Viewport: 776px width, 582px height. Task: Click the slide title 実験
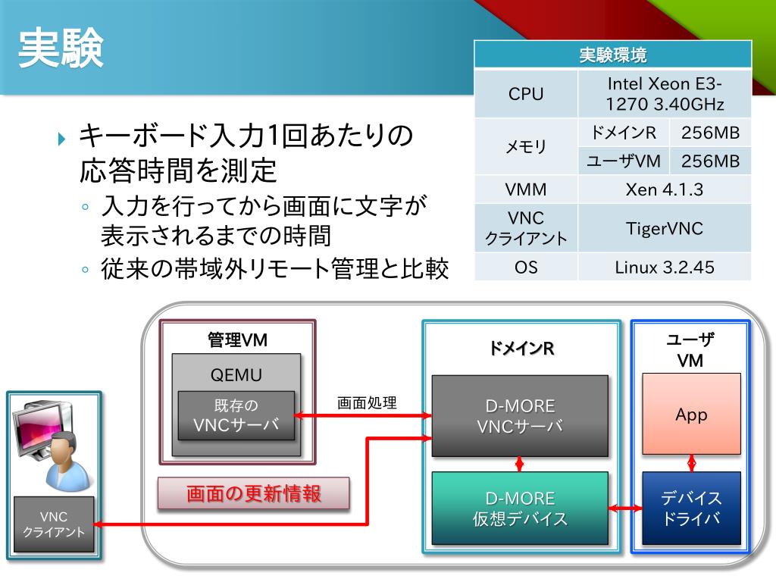click(x=61, y=49)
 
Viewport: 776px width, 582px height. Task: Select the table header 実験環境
click(x=612, y=55)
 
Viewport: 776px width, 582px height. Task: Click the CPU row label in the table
click(x=526, y=94)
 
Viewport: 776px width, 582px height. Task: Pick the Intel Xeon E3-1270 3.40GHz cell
click(x=665, y=94)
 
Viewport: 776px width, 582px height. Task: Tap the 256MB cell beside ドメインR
click(x=710, y=133)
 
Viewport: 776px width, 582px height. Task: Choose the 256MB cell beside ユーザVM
click(x=710, y=161)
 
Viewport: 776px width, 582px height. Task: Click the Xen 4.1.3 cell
click(x=665, y=189)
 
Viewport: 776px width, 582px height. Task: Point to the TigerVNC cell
click(x=665, y=228)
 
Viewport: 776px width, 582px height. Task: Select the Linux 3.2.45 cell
click(x=665, y=267)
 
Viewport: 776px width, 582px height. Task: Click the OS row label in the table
click(x=526, y=267)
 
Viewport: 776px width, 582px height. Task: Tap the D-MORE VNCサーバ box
click(x=520, y=416)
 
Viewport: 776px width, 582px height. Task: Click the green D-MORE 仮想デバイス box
click(x=520, y=508)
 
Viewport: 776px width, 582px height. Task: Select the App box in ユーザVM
click(x=691, y=415)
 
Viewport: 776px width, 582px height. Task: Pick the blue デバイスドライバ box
click(x=691, y=508)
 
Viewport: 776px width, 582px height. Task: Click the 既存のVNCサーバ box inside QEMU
click(x=236, y=415)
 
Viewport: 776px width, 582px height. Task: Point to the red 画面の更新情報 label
click(x=254, y=494)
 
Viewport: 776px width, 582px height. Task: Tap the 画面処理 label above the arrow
click(x=367, y=402)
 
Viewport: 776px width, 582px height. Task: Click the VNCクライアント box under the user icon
click(x=54, y=524)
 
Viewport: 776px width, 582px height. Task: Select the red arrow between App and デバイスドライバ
click(x=692, y=462)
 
